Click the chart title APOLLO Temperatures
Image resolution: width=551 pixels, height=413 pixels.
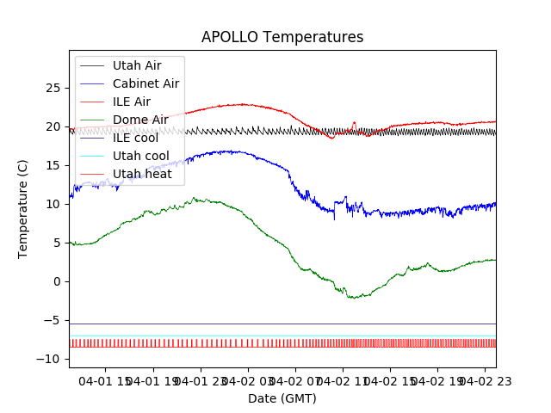282,37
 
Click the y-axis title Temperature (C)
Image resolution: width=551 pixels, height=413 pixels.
23,209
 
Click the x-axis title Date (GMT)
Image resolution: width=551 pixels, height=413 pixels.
282,398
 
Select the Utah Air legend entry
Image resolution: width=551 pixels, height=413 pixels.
136,65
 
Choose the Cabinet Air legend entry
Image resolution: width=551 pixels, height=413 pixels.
145,83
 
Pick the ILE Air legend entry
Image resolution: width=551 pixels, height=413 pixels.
131,102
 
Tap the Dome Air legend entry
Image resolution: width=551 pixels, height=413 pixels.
140,120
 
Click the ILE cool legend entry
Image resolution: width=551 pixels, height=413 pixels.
135,138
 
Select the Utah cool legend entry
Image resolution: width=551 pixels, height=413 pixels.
140,156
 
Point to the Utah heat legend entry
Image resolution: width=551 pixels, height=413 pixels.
142,174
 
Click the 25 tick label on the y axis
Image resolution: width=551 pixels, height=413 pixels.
52,88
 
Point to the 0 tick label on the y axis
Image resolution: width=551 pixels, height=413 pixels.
56,281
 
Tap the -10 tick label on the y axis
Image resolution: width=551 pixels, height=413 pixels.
50,359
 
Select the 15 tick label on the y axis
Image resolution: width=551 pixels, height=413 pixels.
52,165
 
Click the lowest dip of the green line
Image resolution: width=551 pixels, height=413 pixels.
351,298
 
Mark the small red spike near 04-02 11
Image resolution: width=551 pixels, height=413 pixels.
354,123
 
